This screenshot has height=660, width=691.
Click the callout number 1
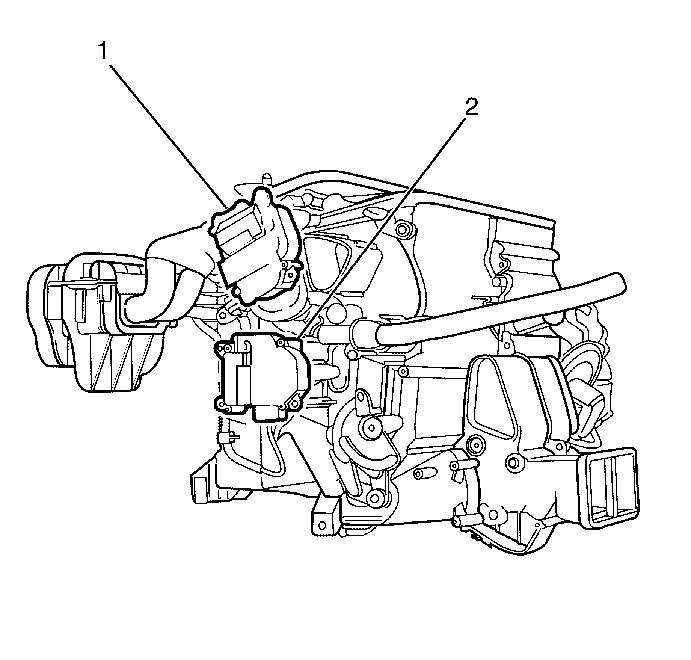(x=103, y=54)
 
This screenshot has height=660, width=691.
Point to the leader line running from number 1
(x=167, y=136)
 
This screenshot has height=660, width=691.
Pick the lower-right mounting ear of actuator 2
(x=294, y=403)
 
